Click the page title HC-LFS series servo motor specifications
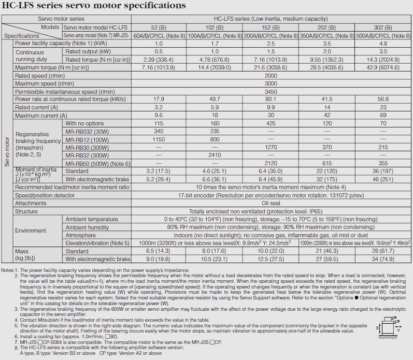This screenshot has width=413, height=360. tap(93, 6)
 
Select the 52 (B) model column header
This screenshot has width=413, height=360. tap(159, 27)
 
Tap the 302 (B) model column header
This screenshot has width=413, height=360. tap(383, 27)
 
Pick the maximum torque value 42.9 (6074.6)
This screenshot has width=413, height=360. tap(383, 68)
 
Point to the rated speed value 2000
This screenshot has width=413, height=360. tap(270, 76)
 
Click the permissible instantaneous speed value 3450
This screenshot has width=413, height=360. tap(270, 91)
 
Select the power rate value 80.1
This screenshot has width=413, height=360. tap(271, 99)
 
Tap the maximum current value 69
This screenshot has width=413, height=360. tap(383, 115)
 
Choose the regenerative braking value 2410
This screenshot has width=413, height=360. tap(215, 155)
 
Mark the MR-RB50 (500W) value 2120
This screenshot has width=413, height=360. tap(271, 163)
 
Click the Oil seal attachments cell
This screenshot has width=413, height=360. tap(270, 204)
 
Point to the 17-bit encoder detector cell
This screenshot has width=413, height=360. tap(270, 196)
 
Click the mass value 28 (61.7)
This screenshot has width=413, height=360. tap(383, 251)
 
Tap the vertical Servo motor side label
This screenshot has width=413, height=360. tap(7, 151)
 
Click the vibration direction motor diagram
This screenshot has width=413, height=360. tap(391, 325)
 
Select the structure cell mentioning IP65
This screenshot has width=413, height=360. tap(270, 211)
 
